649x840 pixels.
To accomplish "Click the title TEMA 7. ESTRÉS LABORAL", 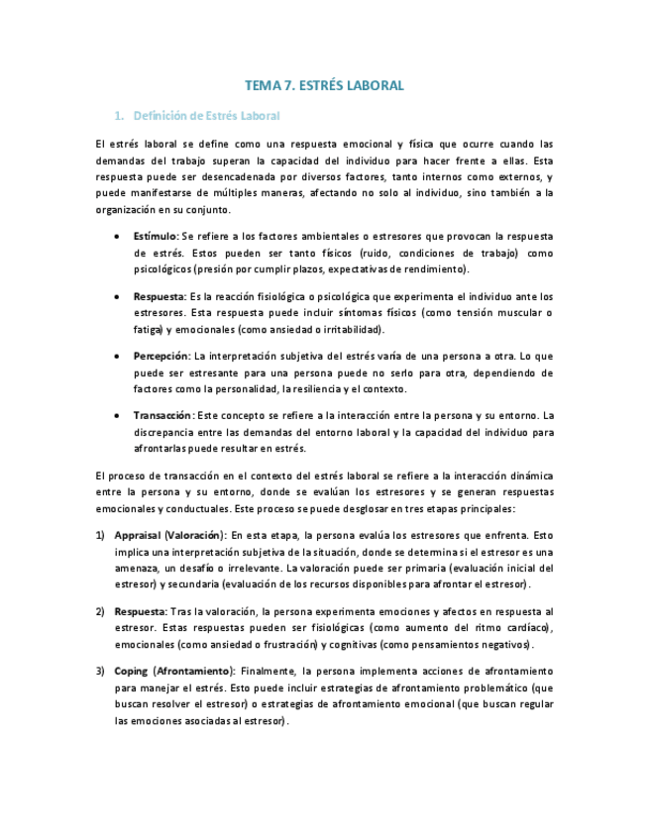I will click(324, 86).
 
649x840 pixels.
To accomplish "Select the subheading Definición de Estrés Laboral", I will click(206, 116).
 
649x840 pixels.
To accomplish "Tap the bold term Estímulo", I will click(156, 237).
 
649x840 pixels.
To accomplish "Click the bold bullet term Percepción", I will click(161, 356).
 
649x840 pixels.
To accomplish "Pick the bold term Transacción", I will click(163, 416).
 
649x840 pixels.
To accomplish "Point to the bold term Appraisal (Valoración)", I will click(170, 535).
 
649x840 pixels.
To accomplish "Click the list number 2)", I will click(100, 611).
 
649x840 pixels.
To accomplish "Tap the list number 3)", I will click(100, 672).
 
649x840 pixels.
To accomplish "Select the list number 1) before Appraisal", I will click(100, 535).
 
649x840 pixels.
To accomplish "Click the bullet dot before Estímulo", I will click(118, 238).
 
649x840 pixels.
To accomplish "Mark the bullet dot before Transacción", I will click(118, 417).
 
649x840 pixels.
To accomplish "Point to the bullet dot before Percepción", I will click(118, 357).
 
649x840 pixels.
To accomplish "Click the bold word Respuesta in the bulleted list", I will click(160, 296).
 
